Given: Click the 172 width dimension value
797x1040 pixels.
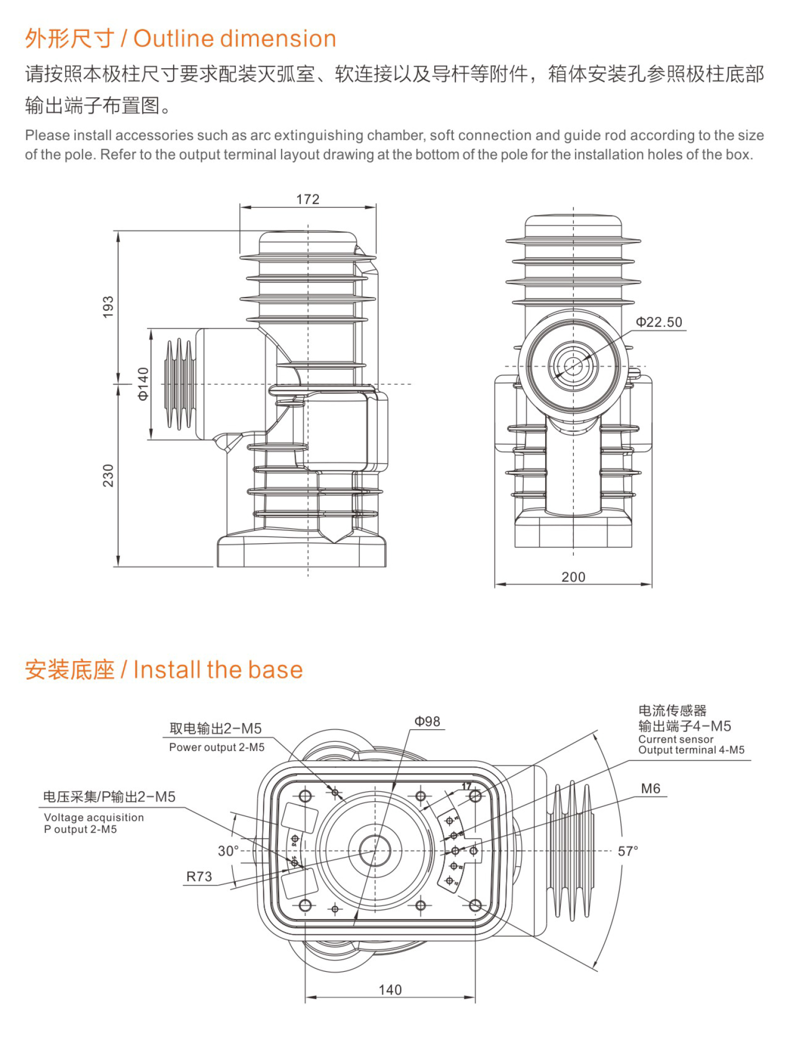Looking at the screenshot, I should coord(308,199).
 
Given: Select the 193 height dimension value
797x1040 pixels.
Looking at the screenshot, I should coord(108,307).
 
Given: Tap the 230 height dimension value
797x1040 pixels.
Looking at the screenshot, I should coord(108,475).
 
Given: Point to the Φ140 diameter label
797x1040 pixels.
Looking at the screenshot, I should coord(143,384).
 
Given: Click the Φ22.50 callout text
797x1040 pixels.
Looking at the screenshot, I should coord(658,322).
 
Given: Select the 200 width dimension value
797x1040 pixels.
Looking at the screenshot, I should coord(573,577).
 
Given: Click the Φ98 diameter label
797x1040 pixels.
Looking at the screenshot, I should coord(427,722).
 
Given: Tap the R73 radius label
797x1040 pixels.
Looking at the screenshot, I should coord(199,877).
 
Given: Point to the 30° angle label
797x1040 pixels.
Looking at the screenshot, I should coord(228,851).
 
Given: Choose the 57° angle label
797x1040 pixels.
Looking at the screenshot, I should coord(628,851).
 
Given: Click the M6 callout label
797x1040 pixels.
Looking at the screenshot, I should coord(650,789).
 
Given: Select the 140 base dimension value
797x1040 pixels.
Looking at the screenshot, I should coord(390,990).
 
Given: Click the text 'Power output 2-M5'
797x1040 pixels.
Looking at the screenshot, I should coord(217,747).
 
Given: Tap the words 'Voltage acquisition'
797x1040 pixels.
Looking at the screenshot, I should coord(94,817).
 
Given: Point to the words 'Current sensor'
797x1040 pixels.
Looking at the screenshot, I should coord(676,739).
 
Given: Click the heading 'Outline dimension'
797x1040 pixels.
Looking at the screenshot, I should coord(235,39).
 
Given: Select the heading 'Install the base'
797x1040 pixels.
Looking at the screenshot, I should coord(218,670).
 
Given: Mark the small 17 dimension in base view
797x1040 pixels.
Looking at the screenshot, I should coord(466,786).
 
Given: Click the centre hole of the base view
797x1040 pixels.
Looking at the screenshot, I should coord(374,850).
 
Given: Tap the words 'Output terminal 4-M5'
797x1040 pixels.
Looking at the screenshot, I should coord(691,750).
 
